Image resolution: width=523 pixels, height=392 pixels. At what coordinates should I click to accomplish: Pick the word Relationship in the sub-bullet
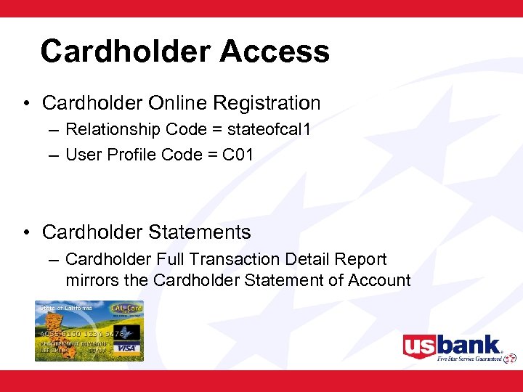point(113,130)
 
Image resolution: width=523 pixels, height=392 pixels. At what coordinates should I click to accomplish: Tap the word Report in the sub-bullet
point(362,259)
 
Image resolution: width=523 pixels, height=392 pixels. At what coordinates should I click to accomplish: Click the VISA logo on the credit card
point(127,347)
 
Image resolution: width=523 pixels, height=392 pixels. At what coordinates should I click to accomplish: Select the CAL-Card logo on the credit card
point(128,309)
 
